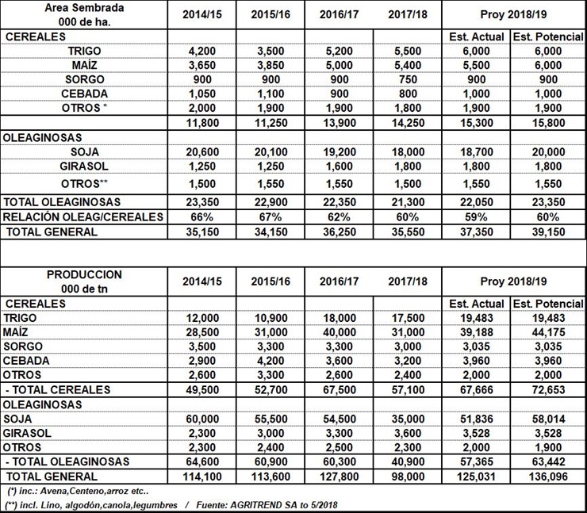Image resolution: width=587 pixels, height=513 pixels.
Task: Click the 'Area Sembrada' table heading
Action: [x=83, y=7]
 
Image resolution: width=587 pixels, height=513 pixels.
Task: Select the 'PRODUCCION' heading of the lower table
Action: [x=83, y=274]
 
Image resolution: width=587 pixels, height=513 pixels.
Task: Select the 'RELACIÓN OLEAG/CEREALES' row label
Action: [x=83, y=216]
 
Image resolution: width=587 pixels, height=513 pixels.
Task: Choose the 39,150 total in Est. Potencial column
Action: [x=547, y=232]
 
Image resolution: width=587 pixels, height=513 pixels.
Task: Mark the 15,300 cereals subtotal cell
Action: [x=476, y=122]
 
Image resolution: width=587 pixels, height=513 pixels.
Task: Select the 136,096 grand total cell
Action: [x=547, y=477]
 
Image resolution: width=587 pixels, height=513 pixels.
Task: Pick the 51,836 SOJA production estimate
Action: [x=476, y=418]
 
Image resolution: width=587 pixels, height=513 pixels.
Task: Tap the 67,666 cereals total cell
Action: [x=476, y=389]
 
